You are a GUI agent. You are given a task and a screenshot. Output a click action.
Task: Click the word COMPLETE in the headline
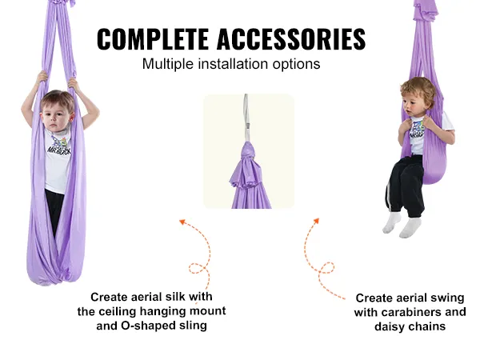[x=153, y=39]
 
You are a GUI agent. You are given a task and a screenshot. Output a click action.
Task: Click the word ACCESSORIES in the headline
[x=291, y=39]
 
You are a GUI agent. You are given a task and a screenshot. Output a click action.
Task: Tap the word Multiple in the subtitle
[x=168, y=64]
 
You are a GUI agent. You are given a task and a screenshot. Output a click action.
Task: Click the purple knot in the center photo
[x=248, y=151]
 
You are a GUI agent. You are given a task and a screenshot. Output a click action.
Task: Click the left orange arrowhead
[x=182, y=222]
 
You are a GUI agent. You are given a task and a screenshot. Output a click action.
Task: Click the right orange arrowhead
[x=316, y=221]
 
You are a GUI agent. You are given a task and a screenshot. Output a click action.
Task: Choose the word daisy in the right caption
[x=389, y=327]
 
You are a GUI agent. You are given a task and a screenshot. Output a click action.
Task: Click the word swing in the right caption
[x=447, y=298]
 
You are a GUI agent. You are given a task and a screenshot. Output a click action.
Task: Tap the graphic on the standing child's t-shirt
[x=59, y=145]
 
